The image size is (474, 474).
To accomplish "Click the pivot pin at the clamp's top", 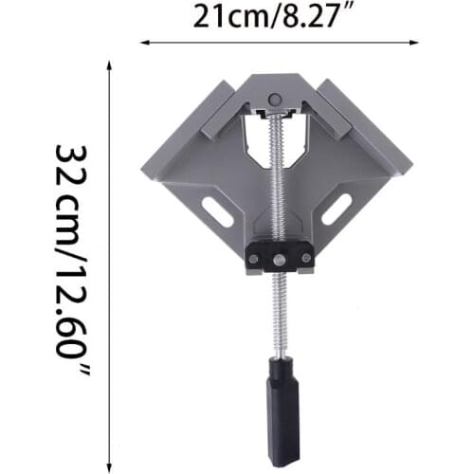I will click(275, 99).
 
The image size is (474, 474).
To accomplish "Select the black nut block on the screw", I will click(280, 257).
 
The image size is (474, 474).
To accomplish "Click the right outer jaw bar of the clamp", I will click(360, 118).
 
